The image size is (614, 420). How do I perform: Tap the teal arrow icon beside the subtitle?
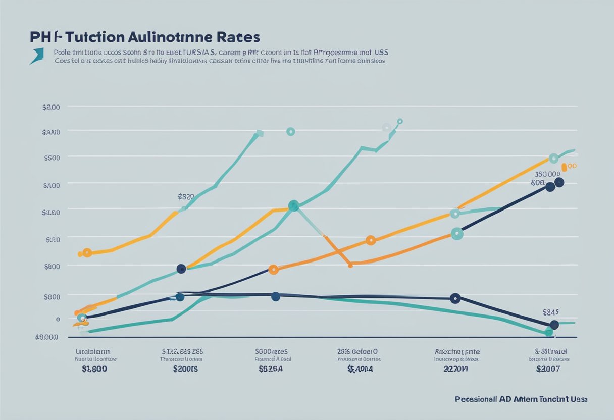point(37,56)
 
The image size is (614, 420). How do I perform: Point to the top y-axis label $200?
point(52,107)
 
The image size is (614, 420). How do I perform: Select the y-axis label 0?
point(58,319)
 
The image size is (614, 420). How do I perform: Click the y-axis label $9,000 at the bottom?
point(46,337)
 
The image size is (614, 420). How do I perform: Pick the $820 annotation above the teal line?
point(186,196)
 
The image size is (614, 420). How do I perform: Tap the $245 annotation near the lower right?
point(553,312)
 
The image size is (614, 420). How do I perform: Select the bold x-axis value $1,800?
point(94,369)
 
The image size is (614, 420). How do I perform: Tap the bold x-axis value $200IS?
point(185,369)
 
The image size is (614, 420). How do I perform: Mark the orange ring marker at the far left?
point(87,252)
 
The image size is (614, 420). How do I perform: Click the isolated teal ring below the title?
point(290,132)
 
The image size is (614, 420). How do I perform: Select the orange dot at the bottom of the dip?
point(350,264)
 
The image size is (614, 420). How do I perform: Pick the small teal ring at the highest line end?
point(400,121)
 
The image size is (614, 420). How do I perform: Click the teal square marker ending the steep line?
point(260,134)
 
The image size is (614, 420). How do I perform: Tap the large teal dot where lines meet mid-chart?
point(293,205)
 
